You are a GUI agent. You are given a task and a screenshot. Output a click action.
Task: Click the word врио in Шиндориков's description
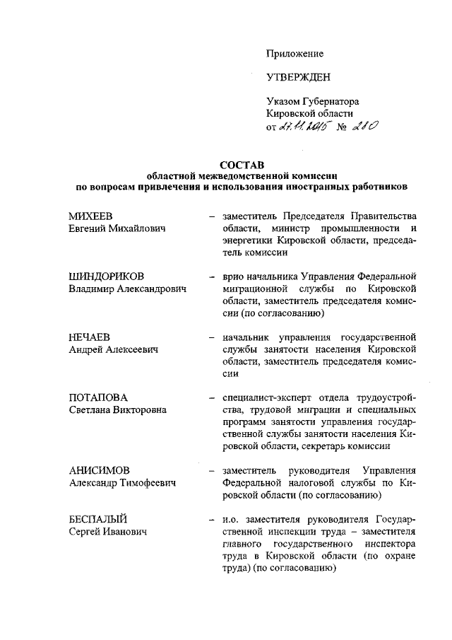[x=232, y=277]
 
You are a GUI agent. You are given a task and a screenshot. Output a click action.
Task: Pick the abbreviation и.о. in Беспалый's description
[x=231, y=520]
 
